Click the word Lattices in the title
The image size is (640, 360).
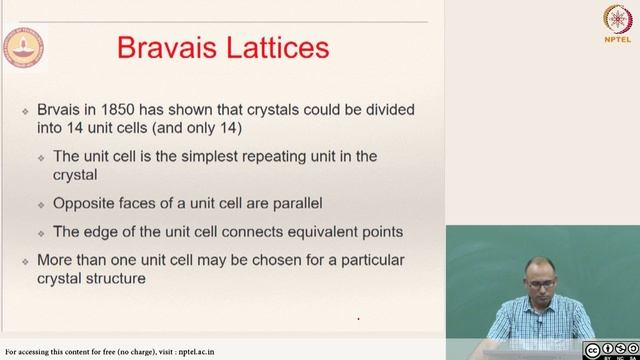(282, 49)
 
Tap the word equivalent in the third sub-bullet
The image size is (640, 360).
(311, 232)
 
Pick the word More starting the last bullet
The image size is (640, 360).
(58, 261)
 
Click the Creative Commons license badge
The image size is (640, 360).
(610, 349)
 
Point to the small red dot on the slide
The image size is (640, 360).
(358, 320)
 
